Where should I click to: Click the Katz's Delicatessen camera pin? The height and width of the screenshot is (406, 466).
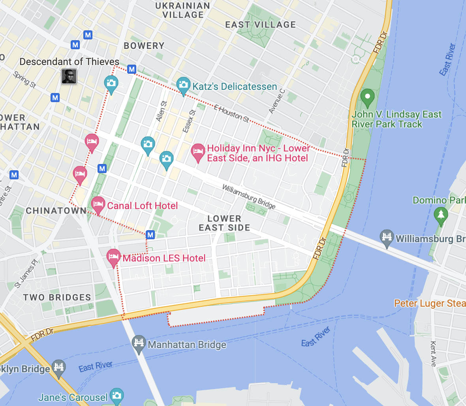(x=183, y=85)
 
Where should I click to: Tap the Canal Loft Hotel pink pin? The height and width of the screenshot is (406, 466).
(x=98, y=204)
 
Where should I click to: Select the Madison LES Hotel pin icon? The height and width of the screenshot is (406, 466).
(x=114, y=257)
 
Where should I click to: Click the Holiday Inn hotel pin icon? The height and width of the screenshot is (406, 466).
(x=198, y=152)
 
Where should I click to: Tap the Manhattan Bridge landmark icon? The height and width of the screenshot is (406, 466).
(x=139, y=343)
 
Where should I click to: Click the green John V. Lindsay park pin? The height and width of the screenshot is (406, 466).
(x=368, y=97)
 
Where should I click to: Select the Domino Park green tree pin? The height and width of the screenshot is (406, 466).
(x=441, y=215)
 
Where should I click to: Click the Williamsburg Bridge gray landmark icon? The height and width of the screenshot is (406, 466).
(x=387, y=238)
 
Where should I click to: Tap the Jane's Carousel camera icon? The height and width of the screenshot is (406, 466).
(x=117, y=396)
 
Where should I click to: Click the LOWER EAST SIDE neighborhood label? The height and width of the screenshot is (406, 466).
(x=224, y=223)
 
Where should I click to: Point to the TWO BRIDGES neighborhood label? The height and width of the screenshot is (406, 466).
(x=57, y=298)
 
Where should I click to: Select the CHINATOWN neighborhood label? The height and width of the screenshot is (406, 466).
(x=56, y=210)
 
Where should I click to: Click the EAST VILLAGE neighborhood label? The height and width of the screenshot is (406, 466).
(x=261, y=24)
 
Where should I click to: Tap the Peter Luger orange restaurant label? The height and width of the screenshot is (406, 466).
(x=430, y=303)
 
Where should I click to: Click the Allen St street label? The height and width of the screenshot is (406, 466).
(x=162, y=111)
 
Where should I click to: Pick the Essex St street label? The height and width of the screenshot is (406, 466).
(x=189, y=121)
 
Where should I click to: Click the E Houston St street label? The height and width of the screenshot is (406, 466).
(x=232, y=114)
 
